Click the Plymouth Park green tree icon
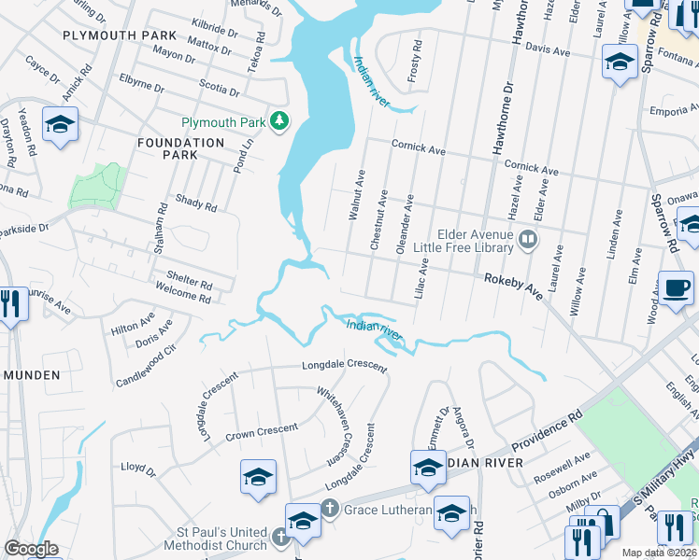pos(278,121)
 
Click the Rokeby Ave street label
pos(513,286)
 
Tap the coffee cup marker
pos(677,287)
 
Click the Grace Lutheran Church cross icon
pos(329,509)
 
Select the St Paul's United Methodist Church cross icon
pos(281,536)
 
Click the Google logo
pos(31,549)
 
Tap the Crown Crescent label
pos(263,432)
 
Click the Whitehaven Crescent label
pos(337,427)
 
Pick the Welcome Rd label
pos(185,296)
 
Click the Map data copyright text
pos(658,553)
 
